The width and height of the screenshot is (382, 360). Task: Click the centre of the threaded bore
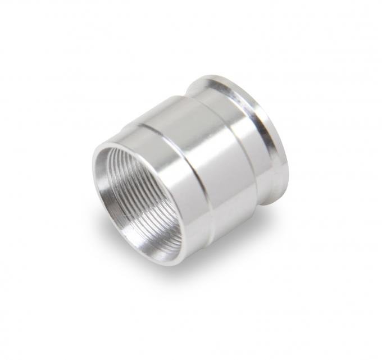tap(143, 197)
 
